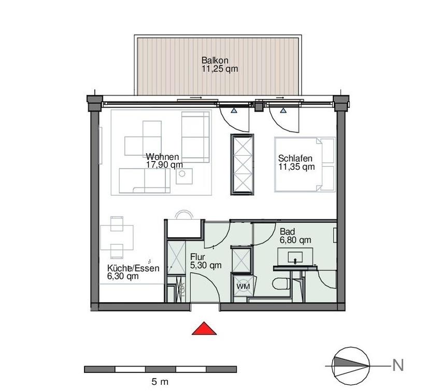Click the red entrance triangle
point(204,329)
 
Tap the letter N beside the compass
point(398,365)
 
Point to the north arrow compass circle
point(351,366)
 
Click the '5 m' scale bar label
point(160,382)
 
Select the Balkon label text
point(215,60)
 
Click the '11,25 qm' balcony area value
point(220,69)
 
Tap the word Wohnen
point(162,157)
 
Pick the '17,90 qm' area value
point(164,165)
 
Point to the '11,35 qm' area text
point(296,167)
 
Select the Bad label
point(287,232)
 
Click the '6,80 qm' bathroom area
point(295,240)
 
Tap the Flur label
point(197,257)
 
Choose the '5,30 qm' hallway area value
point(206,265)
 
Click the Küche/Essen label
point(133,268)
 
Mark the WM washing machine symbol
point(243,286)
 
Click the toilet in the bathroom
point(281,284)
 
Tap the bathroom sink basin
point(295,257)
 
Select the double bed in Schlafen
point(305,165)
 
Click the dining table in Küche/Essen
point(117,237)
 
